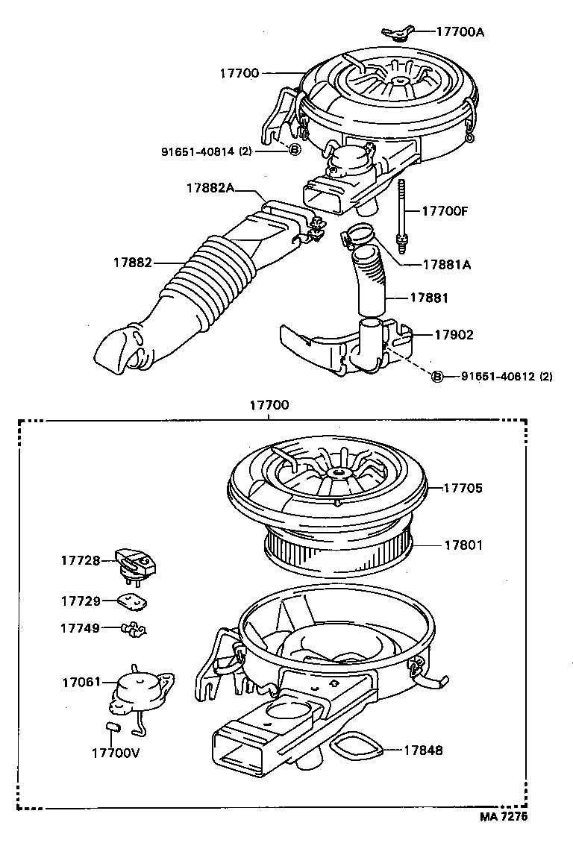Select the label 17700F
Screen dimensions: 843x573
[444, 211]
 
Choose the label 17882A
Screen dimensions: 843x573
[210, 189]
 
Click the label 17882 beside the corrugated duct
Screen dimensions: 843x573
[133, 263]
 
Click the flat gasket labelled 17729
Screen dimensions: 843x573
[131, 601]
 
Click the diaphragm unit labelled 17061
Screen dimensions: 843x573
[138, 691]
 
